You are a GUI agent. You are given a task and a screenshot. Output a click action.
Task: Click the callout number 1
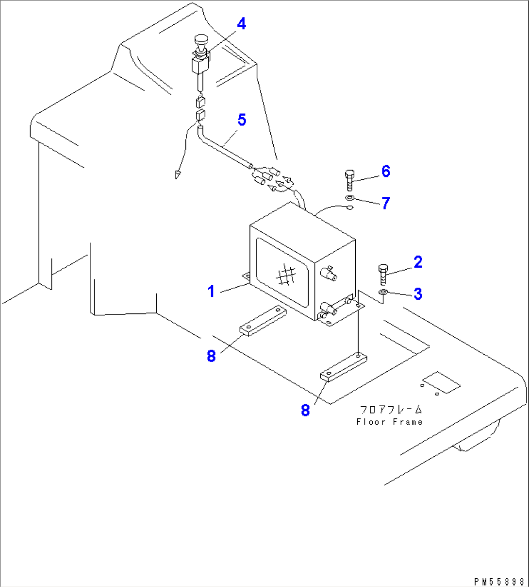click(211, 292)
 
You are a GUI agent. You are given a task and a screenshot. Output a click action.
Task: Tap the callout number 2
click(418, 262)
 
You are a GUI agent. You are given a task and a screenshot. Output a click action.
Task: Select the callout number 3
click(418, 294)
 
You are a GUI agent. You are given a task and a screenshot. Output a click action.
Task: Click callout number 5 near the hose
click(241, 120)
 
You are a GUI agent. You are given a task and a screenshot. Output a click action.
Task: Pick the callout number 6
click(386, 171)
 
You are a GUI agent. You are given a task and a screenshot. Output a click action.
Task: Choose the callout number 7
click(386, 203)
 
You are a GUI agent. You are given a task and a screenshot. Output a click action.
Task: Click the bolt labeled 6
click(349, 180)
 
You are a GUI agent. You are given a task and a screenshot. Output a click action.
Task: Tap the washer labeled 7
click(349, 198)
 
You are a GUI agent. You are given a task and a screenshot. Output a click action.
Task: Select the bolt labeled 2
click(382, 274)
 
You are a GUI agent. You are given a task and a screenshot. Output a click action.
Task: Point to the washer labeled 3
click(383, 292)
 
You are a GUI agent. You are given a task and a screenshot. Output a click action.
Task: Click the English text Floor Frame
click(390, 422)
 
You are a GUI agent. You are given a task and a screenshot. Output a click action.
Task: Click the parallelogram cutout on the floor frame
click(441, 383)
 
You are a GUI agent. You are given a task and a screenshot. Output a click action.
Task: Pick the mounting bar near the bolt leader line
click(343, 368)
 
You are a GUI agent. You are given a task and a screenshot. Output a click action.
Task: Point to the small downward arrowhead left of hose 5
click(178, 173)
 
